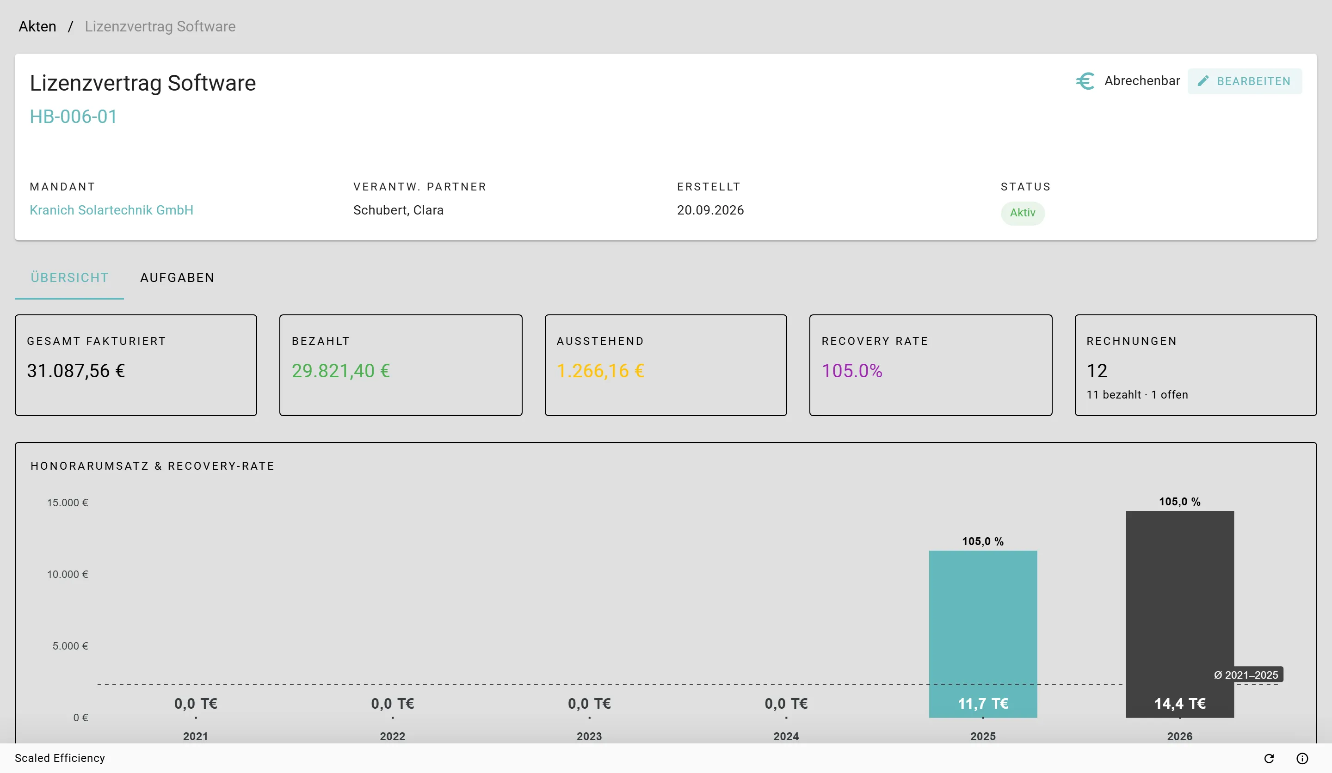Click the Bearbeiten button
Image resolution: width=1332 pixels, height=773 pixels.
pyautogui.click(x=1244, y=81)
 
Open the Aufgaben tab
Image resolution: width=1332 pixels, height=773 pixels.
pyautogui.click(x=177, y=278)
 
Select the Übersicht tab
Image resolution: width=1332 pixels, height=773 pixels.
pyautogui.click(x=69, y=278)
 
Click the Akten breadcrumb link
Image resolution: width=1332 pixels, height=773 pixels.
pyautogui.click(x=37, y=26)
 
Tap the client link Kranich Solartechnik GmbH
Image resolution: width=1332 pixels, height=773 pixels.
pyautogui.click(x=111, y=210)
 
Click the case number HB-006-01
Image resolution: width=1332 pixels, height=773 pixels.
pyautogui.click(x=74, y=117)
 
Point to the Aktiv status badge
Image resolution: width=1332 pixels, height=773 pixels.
pyautogui.click(x=1022, y=213)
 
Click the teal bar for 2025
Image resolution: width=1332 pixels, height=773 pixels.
pyautogui.click(x=983, y=634)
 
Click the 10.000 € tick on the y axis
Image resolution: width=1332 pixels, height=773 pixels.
pyautogui.click(x=68, y=574)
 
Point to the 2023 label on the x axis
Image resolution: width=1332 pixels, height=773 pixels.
pyautogui.click(x=589, y=736)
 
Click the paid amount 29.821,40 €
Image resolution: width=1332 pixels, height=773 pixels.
pyautogui.click(x=341, y=371)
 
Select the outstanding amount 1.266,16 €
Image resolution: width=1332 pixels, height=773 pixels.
pyautogui.click(x=600, y=371)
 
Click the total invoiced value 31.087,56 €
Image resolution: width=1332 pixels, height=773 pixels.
pyautogui.click(x=76, y=371)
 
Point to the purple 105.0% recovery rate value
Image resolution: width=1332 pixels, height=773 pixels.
pyautogui.click(x=851, y=371)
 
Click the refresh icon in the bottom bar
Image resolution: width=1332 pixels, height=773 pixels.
pyautogui.click(x=1269, y=758)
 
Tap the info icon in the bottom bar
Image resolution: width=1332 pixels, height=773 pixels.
pyautogui.click(x=1302, y=758)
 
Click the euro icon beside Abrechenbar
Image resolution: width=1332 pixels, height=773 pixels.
pyautogui.click(x=1085, y=81)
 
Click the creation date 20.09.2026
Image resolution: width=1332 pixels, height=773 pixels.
pyautogui.click(x=710, y=210)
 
